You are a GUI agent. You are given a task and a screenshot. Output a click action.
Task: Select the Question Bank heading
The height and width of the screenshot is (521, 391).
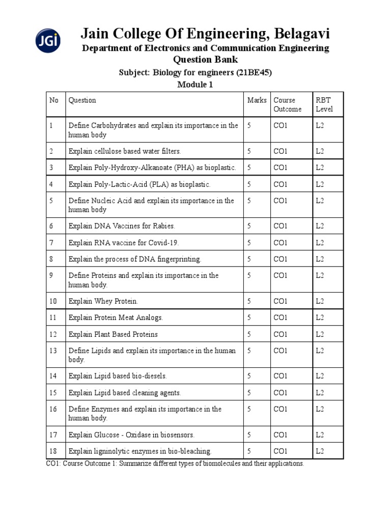[x=205, y=60]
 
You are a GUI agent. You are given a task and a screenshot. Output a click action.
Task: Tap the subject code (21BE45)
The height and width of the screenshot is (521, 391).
[x=254, y=72]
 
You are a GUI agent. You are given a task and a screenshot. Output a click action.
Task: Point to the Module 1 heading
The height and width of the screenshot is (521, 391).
[x=195, y=84]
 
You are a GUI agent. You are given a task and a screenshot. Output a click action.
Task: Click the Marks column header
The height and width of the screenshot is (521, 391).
[x=257, y=100]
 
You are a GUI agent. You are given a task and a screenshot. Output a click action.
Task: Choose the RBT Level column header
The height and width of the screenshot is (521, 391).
[x=324, y=104]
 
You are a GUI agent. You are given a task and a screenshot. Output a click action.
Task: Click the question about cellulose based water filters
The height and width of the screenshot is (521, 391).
[x=125, y=151]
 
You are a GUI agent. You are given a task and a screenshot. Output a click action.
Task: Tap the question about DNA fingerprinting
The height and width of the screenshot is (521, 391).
[x=135, y=259]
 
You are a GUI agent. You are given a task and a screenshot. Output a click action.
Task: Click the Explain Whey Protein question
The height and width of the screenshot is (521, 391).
[x=103, y=301]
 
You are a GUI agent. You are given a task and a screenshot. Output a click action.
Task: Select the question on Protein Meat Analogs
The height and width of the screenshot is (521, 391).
[x=116, y=317]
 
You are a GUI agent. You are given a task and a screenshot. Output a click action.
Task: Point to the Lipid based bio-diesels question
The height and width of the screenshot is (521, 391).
[x=118, y=376]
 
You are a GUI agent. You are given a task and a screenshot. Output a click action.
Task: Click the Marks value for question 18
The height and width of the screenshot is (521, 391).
[x=249, y=451]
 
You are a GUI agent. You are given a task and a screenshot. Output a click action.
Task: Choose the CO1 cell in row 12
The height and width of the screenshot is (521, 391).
[x=281, y=334]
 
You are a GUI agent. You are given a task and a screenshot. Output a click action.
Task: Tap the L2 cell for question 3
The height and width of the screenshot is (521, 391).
[x=320, y=167]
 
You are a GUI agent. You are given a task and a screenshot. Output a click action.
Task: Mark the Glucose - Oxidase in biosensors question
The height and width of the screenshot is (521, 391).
[x=131, y=435]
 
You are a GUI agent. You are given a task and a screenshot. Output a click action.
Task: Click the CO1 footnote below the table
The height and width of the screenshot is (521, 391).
[x=175, y=464]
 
